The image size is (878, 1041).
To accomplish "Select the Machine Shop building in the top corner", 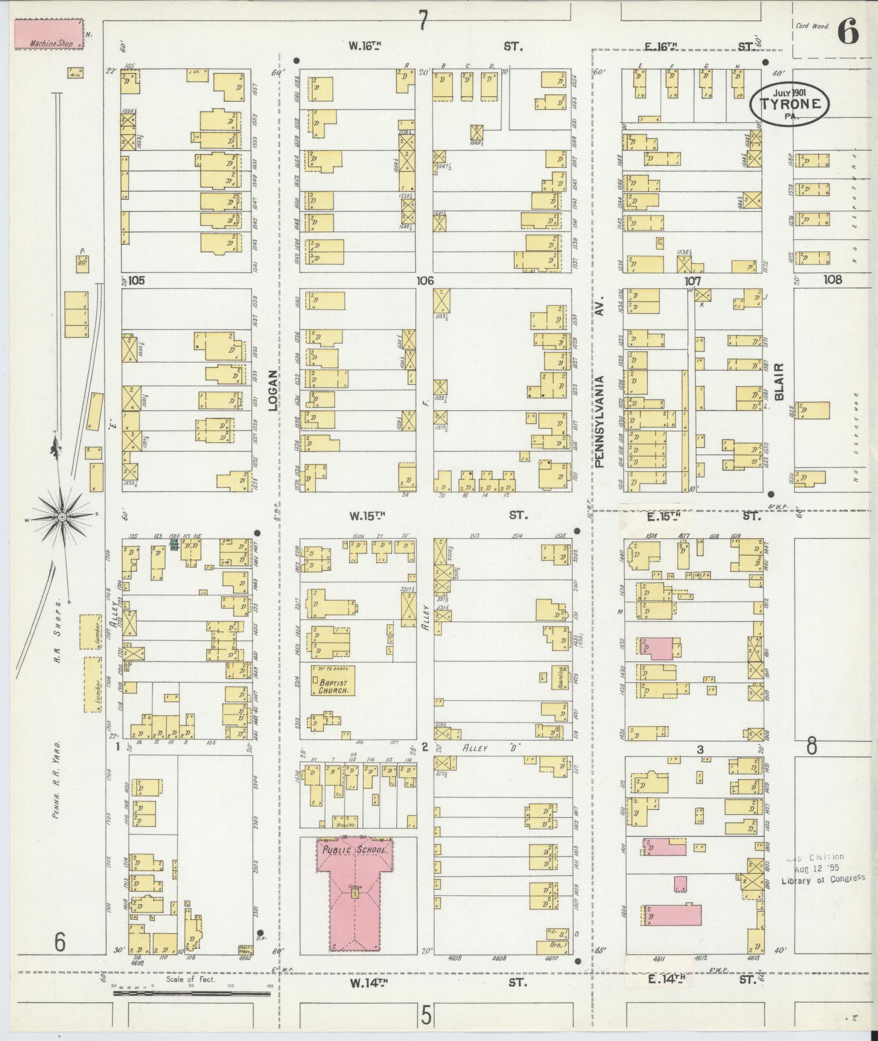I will tap(48, 34).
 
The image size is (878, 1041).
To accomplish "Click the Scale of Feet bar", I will tap(192, 994).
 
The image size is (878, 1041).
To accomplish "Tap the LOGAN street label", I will tap(273, 390).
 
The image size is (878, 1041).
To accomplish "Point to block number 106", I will tap(425, 281).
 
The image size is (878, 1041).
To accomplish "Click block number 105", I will tap(137, 281).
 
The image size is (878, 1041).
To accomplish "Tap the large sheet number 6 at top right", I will tap(848, 32).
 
